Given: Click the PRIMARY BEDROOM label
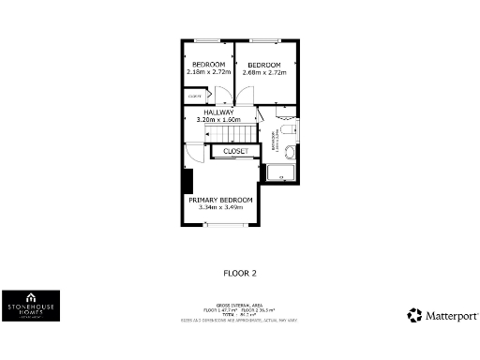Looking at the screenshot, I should point(220,200).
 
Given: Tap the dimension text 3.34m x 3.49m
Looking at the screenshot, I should point(220,207).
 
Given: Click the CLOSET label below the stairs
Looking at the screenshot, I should point(235,151).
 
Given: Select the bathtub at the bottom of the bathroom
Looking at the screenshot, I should point(280,173).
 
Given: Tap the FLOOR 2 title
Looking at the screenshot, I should point(239,274).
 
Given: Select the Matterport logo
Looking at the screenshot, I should point(442,316).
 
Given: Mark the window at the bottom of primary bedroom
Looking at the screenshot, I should point(225,225).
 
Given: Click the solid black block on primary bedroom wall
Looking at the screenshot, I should point(187,181).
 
